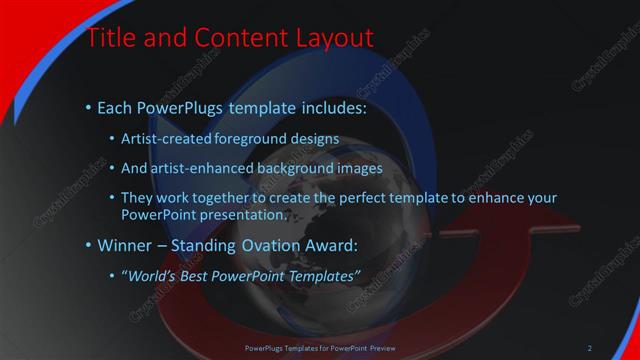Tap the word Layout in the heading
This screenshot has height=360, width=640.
pos(331,39)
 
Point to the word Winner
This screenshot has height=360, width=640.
pos(130,244)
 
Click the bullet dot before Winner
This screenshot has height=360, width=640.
pos(90,245)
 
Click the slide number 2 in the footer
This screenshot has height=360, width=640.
pos(590,348)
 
